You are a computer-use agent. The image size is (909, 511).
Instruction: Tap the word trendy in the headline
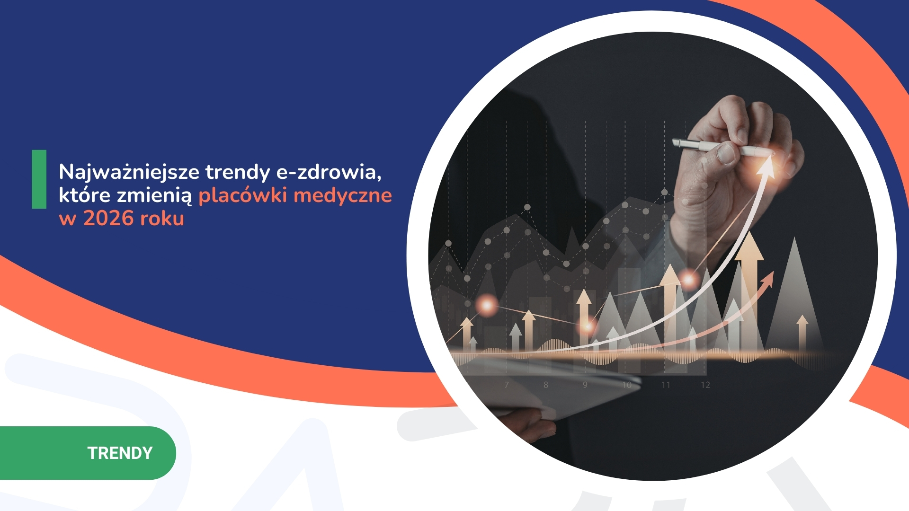(x=238, y=172)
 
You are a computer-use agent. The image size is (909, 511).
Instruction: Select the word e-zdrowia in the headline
(x=329, y=172)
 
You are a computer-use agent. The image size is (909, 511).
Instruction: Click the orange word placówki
(x=242, y=195)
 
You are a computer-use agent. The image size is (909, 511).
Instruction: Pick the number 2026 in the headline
(x=108, y=219)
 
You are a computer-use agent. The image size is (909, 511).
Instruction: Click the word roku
(x=162, y=219)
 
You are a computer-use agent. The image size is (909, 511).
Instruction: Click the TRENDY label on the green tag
(x=120, y=453)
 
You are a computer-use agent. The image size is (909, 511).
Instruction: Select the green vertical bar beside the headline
(x=39, y=179)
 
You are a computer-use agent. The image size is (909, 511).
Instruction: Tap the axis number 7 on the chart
(x=507, y=385)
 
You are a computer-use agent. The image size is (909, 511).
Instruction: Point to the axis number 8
(x=546, y=385)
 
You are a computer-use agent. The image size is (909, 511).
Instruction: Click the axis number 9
(x=585, y=385)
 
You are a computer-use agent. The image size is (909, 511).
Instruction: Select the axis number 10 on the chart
(x=627, y=385)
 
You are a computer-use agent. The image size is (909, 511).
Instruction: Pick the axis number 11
(x=666, y=385)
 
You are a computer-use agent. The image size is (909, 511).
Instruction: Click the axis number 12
(x=705, y=385)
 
